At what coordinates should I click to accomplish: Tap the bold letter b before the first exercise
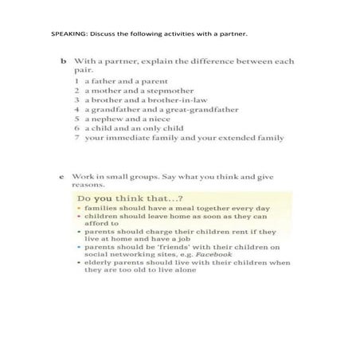(62, 61)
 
